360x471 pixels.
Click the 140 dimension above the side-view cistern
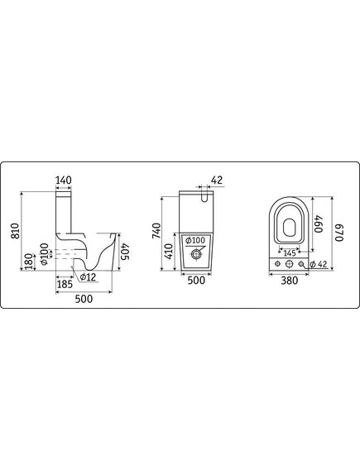[x=64, y=180]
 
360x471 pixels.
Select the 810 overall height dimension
[x=15, y=231]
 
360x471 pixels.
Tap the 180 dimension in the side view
[x=29, y=262]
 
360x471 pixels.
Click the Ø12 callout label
[x=88, y=277]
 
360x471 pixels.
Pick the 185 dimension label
[x=65, y=284]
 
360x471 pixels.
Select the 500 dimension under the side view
[x=84, y=299]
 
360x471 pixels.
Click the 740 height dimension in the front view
[x=156, y=231]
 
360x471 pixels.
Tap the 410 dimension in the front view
[x=169, y=252]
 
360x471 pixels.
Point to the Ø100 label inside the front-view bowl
[x=195, y=240]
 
